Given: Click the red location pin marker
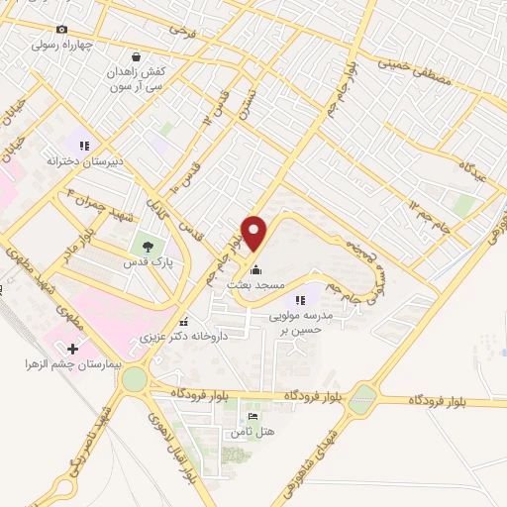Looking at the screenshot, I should click(x=254, y=233).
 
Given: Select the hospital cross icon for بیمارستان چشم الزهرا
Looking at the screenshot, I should click(x=72, y=349).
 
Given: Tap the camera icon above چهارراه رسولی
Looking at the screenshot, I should click(x=63, y=31).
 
